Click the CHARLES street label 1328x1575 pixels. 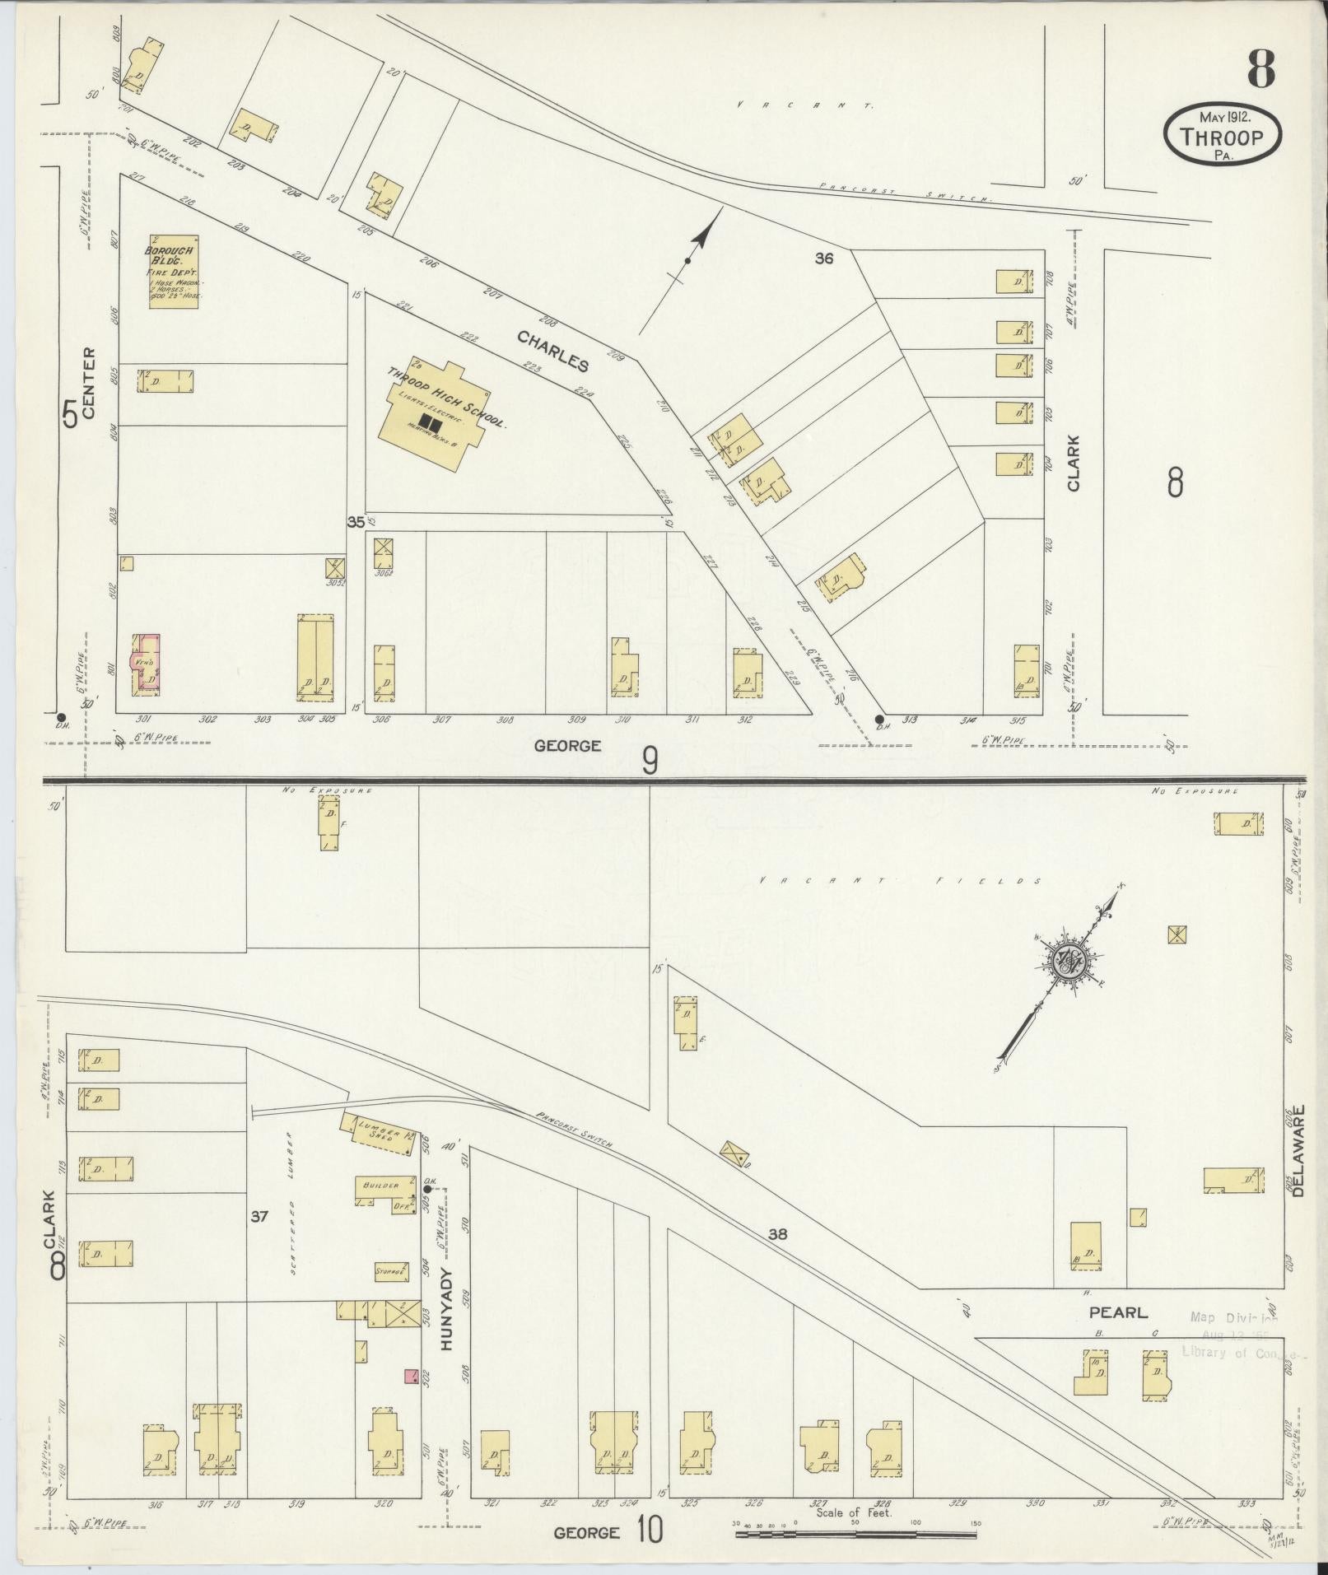coord(553,351)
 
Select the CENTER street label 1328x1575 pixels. coord(89,382)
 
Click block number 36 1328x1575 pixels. coord(824,259)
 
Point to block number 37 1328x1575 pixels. coord(259,1240)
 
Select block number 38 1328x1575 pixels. coord(778,1256)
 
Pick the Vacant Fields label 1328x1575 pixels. coord(898,881)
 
